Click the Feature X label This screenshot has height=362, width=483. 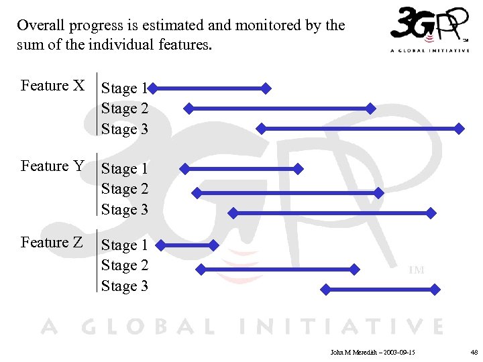coord(53,86)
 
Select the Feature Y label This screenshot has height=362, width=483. coord(53,166)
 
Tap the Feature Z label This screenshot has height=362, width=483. coord(52,243)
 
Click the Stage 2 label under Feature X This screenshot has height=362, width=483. coord(125,109)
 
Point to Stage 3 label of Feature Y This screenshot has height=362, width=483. coord(125,210)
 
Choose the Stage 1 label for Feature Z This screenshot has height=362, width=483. coord(125,246)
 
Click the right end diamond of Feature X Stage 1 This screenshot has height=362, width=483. coord(266,88)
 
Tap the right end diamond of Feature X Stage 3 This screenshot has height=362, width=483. coord(460,128)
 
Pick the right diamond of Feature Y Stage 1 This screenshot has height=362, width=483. coord(299,169)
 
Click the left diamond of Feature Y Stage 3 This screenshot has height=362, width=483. coord(233,213)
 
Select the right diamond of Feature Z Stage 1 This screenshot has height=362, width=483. coord(214,245)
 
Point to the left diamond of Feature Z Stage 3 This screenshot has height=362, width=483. coord(325,290)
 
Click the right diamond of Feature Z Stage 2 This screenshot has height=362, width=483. coord(356,269)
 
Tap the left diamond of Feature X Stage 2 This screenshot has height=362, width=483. coord(189,108)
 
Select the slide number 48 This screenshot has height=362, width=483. coord(474,351)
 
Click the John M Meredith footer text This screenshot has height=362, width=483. coord(373,351)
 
